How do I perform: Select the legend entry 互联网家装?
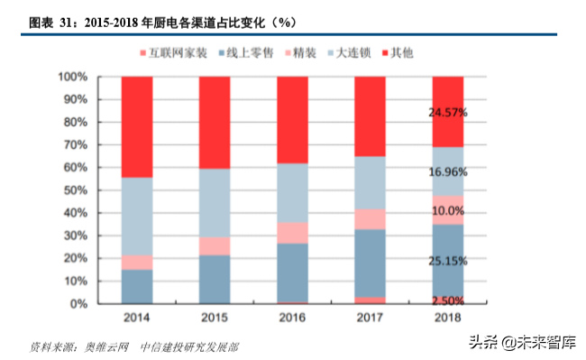click(x=178, y=54)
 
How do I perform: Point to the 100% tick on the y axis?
click(x=73, y=77)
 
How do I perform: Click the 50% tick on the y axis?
click(x=76, y=190)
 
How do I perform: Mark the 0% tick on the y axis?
click(x=79, y=304)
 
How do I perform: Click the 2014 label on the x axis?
click(x=136, y=318)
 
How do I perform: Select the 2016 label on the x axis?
click(x=292, y=318)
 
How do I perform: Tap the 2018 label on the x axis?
click(x=448, y=318)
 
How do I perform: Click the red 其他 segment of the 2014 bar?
click(x=136, y=126)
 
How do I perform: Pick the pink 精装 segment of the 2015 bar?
click(x=214, y=246)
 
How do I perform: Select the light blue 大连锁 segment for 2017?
click(x=370, y=183)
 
